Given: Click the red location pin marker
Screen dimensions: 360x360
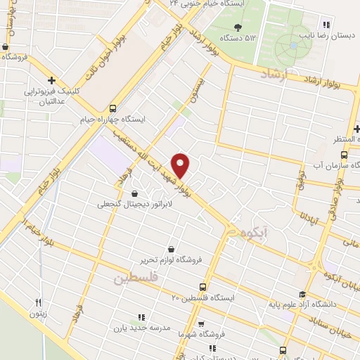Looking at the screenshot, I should click(181, 165).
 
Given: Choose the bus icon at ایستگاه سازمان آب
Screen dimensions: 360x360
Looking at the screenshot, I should click(344, 155).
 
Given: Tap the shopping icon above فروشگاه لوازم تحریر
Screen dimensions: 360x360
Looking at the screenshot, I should click(171, 249).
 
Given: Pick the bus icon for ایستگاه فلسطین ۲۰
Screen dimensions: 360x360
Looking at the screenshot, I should click(202, 288).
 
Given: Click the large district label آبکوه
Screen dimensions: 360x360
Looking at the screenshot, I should click(255, 233).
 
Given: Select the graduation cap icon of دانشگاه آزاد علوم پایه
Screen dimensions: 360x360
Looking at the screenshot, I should click(302, 295).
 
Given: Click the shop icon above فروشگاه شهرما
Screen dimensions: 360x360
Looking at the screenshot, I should click(202, 324).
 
